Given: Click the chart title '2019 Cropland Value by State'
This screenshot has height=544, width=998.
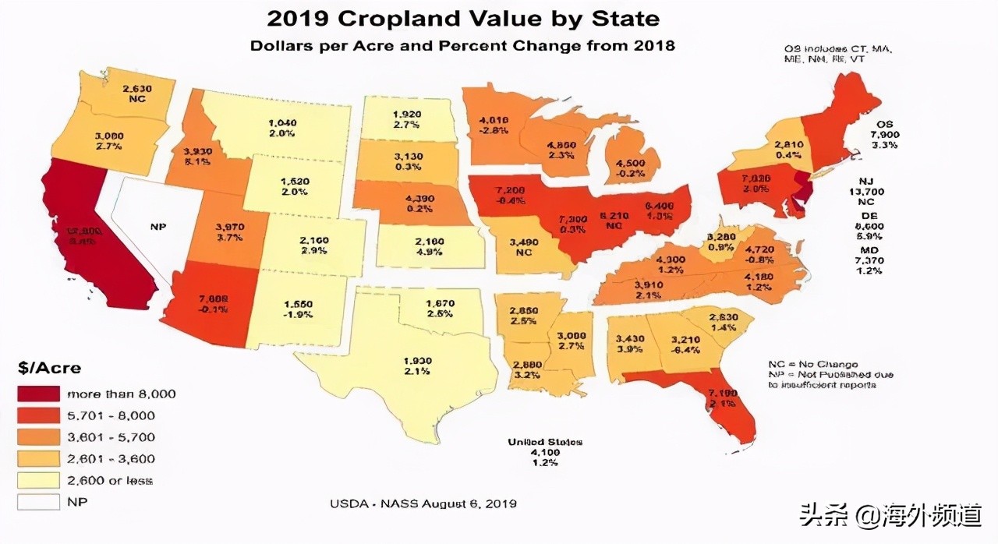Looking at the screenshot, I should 462,19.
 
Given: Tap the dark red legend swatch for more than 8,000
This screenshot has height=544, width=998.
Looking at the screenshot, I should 38,394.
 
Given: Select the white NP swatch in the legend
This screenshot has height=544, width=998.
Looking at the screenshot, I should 38,503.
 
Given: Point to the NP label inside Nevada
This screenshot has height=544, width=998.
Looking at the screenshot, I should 159,227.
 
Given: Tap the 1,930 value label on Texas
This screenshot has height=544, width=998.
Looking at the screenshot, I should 418,361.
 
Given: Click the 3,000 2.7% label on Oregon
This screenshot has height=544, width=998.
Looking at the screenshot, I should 110,140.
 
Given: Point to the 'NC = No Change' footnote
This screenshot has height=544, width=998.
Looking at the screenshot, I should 812,365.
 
